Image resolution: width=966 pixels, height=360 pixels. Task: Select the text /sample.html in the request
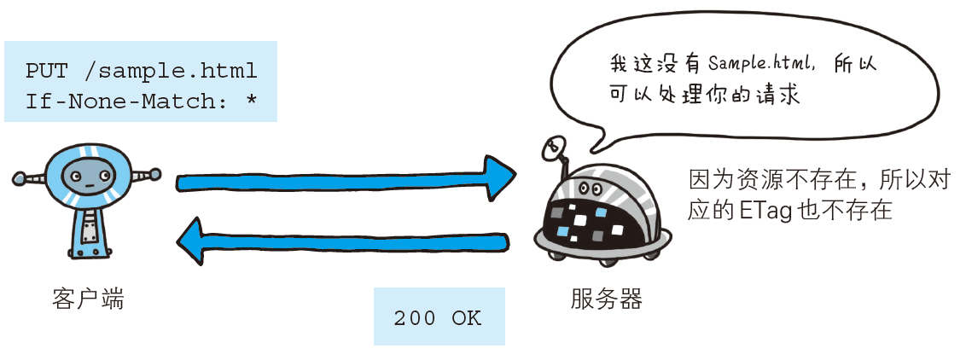172,70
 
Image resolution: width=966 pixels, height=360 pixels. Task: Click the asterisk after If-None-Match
251,102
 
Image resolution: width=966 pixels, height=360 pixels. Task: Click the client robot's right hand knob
154,175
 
